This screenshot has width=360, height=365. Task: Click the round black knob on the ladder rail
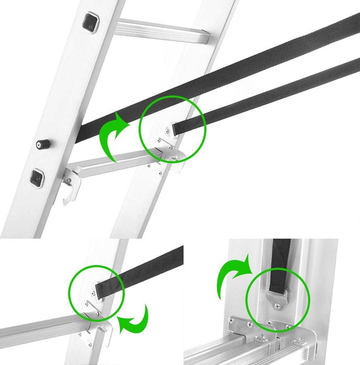tap(41, 144)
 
